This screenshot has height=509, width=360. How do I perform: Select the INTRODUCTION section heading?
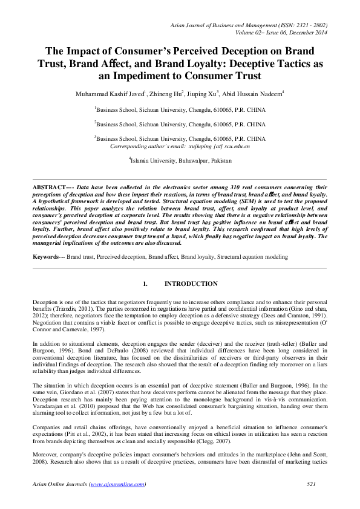191,284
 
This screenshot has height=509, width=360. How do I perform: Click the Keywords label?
47,257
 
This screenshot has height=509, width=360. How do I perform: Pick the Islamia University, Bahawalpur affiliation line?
180,161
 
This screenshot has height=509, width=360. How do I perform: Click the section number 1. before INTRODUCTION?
145,284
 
